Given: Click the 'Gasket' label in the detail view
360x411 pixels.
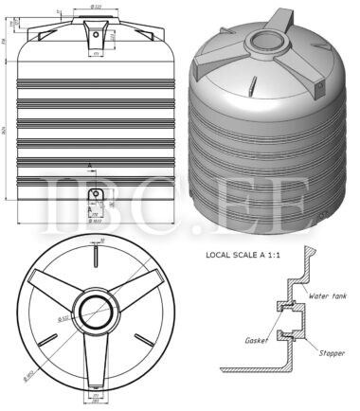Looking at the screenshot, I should point(255,338).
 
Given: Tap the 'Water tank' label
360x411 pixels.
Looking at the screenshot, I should point(328,295).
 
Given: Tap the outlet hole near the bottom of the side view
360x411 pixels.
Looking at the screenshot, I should point(94,195).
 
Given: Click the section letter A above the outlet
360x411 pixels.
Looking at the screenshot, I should point(90,165).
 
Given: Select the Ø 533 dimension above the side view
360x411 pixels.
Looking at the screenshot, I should point(97,7).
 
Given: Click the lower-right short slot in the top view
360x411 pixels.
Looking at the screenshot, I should point(144,339).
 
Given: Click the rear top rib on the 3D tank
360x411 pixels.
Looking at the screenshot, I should point(288,21).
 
